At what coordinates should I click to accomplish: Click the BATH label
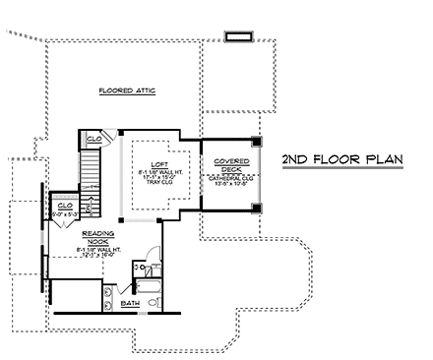(130, 303)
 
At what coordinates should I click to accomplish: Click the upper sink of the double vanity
(106, 285)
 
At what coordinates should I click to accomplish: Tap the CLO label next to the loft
(93, 139)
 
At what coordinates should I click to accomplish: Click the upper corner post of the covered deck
(256, 140)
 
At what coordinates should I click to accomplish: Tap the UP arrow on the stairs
(90, 208)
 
